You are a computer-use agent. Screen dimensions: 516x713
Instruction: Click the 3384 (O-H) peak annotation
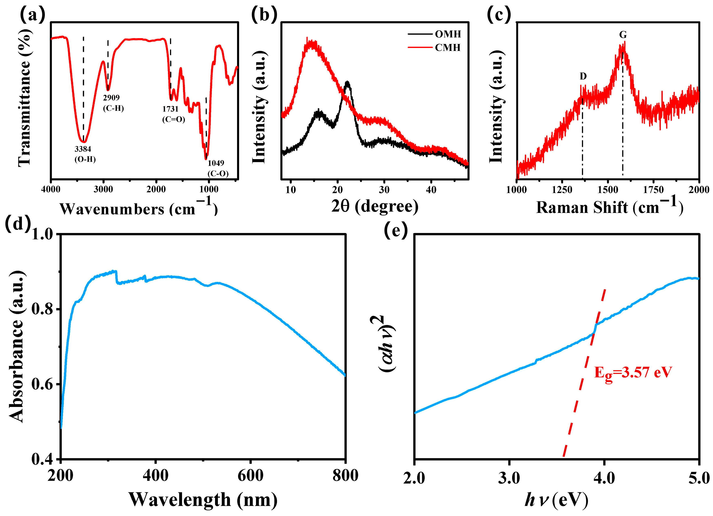pos(85,154)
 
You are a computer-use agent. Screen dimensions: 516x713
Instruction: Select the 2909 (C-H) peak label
pos(113,103)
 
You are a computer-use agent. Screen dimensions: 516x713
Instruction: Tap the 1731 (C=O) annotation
pos(173,114)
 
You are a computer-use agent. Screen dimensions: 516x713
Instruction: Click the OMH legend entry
pos(448,34)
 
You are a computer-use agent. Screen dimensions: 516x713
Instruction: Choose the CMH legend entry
pos(448,48)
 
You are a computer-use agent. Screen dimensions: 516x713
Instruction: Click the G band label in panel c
pos(622,35)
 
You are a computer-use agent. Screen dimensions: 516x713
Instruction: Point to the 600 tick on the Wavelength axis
pos(250,476)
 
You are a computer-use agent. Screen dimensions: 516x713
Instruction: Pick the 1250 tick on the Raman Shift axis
pos(562,190)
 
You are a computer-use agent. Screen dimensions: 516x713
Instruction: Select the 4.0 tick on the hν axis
pos(604,478)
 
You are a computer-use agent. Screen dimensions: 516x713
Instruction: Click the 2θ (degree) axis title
pos(375,206)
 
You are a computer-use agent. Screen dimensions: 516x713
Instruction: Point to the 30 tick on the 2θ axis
pos(384,190)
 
